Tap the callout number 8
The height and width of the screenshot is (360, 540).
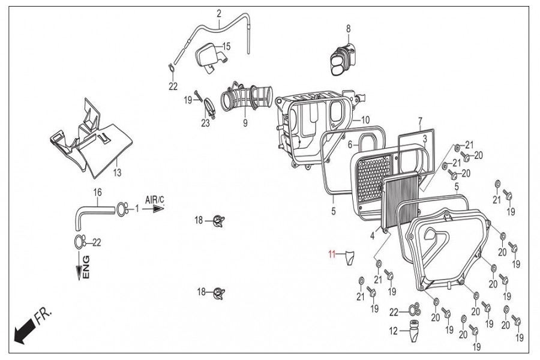(347, 28)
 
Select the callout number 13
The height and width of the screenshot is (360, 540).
(117, 172)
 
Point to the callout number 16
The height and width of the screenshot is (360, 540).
(97, 192)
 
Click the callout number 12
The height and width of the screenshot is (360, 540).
(393, 330)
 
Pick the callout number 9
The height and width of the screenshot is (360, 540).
(245, 124)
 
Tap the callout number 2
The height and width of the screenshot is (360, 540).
(219, 13)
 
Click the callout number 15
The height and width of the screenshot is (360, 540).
(226, 46)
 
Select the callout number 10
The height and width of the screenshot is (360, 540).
(365, 119)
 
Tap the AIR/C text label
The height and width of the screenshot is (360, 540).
(155, 198)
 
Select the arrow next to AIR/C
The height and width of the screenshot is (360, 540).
(157, 209)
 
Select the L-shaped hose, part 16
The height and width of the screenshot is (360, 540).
(90, 212)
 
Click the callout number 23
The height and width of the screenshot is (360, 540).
(206, 124)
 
